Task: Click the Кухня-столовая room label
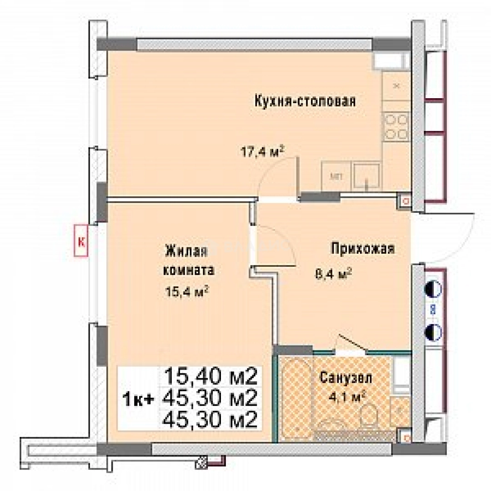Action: pyautogui.click(x=304, y=100)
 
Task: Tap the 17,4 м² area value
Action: pyautogui.click(x=262, y=151)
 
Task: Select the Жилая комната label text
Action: pyautogui.click(x=187, y=261)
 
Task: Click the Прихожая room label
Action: pyautogui.click(x=362, y=249)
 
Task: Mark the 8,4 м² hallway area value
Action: pyautogui.click(x=334, y=274)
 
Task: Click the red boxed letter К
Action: pyautogui.click(x=81, y=242)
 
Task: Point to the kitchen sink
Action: pyautogui.click(x=367, y=176)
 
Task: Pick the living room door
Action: pyautogui.click(x=273, y=243)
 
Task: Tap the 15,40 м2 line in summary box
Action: pyautogui.click(x=211, y=377)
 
